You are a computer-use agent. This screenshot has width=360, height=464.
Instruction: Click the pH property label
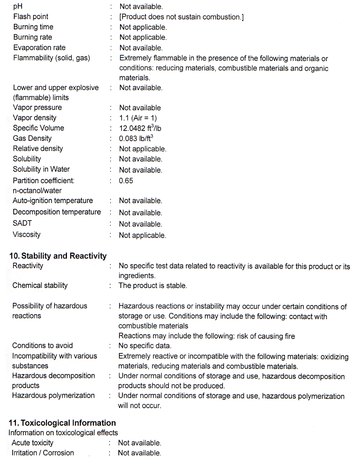[18, 6]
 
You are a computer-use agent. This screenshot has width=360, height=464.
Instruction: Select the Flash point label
[31, 17]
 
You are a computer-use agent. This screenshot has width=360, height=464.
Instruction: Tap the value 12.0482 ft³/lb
[140, 128]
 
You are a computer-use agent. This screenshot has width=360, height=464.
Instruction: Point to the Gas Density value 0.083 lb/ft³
[136, 138]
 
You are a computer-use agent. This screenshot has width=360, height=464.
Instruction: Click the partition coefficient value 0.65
[126, 181]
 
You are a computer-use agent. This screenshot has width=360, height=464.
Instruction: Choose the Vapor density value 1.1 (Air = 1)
[138, 118]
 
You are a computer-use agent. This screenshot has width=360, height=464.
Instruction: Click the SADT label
[22, 223]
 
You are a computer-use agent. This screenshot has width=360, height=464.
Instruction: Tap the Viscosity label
[27, 235]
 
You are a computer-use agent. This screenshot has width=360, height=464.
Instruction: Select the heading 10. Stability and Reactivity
[58, 256]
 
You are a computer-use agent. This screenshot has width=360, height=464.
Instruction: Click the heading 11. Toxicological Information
[62, 423]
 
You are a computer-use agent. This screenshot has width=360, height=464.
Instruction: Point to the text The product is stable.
[153, 286]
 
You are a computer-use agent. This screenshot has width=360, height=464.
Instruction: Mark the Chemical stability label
[40, 286]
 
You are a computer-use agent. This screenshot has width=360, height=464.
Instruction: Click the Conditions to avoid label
[43, 346]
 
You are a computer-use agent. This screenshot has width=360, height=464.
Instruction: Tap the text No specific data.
[145, 346]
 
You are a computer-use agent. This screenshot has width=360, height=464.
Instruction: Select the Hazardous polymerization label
[53, 395]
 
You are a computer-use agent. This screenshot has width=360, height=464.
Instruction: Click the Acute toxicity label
[33, 443]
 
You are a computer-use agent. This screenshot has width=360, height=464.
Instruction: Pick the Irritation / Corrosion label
[43, 453]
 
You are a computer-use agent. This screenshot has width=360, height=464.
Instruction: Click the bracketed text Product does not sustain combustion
[181, 17]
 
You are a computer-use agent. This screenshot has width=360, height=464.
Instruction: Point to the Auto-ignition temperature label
[53, 201]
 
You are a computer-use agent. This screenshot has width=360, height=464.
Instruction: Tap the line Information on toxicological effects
[63, 433]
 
